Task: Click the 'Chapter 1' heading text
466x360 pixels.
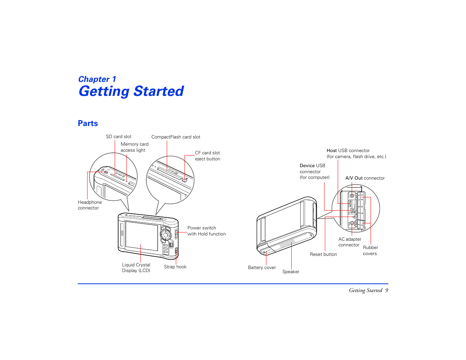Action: point(97,79)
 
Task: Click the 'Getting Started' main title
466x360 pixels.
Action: point(131,91)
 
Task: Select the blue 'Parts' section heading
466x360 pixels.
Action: point(88,123)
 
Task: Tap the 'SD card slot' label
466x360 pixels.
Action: point(118,137)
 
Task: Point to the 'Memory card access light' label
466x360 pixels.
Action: point(134,147)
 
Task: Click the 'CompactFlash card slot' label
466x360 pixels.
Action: point(176,137)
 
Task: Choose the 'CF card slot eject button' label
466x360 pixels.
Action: point(208,156)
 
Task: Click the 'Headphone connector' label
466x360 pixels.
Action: point(90,205)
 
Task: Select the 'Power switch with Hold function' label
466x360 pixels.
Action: point(206,231)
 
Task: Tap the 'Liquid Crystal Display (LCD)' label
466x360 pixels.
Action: point(136,268)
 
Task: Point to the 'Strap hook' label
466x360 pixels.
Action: point(175,267)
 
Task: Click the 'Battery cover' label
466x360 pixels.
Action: point(262,268)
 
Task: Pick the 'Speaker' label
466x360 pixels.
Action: point(291,272)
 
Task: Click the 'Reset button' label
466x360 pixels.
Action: point(323,254)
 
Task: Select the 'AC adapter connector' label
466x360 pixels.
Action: point(350,242)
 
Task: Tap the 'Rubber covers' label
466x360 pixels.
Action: point(370,251)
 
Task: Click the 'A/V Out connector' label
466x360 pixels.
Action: point(365,178)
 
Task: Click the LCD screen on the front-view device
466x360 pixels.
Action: point(141,235)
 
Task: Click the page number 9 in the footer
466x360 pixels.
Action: point(386,290)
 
